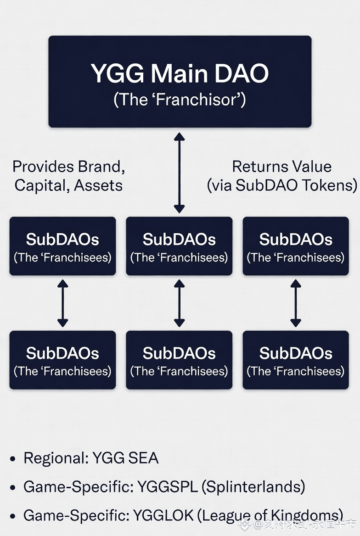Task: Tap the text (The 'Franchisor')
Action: (x=180, y=99)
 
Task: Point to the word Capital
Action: (x=38, y=185)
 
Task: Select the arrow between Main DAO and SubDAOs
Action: (x=180, y=173)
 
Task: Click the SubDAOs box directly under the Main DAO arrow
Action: (x=180, y=246)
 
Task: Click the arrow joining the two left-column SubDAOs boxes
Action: (x=62, y=303)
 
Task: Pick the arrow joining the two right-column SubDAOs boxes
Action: (x=296, y=303)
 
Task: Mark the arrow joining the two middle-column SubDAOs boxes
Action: (x=180, y=303)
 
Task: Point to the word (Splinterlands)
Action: (x=253, y=487)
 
